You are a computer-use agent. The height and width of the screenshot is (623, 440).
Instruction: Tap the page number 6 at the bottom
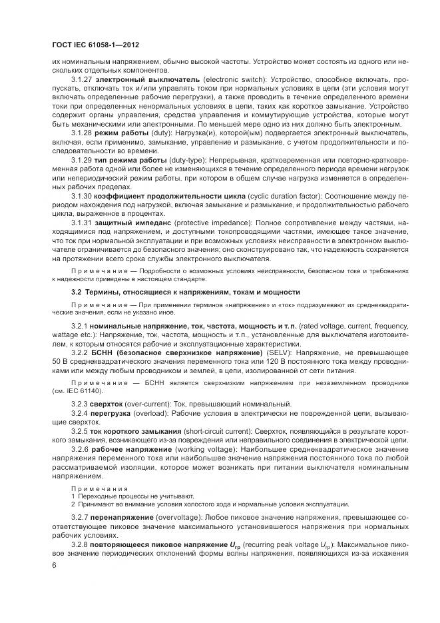click(54, 565)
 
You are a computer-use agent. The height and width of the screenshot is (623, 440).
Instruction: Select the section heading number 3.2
click(77, 293)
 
